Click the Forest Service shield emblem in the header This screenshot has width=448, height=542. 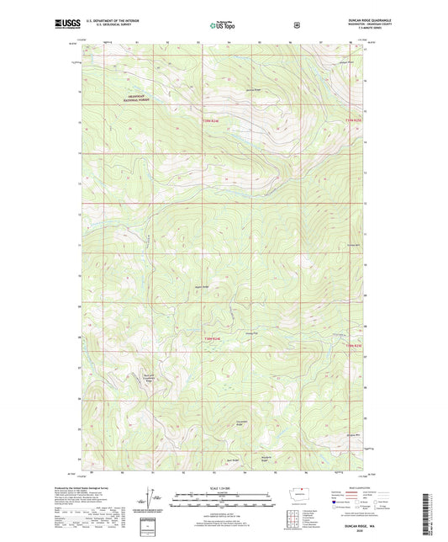pos(296,25)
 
